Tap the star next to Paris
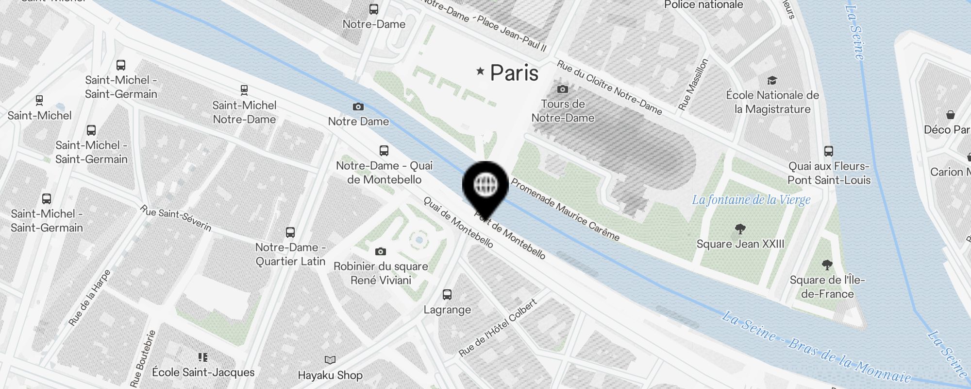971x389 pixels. [481, 71]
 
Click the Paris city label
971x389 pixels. [514, 73]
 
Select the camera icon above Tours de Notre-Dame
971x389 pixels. [563, 89]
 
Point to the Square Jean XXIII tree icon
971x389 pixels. [740, 229]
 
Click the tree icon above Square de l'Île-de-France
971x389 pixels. [827, 265]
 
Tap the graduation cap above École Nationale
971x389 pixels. [772, 80]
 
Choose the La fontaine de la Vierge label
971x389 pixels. [751, 200]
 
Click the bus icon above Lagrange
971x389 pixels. [447, 294]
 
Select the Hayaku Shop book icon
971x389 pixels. [330, 360]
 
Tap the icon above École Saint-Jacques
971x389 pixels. [203, 357]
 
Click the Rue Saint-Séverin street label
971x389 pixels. [176, 218]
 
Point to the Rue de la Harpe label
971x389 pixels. [90, 298]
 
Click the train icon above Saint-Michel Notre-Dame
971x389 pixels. [244, 90]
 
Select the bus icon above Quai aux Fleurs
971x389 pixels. [829, 151]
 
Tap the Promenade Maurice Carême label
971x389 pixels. [565, 210]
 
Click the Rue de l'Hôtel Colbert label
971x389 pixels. [498, 327]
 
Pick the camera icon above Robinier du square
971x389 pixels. [381, 251]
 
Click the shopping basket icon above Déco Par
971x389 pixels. [951, 115]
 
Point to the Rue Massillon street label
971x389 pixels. [693, 84]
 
